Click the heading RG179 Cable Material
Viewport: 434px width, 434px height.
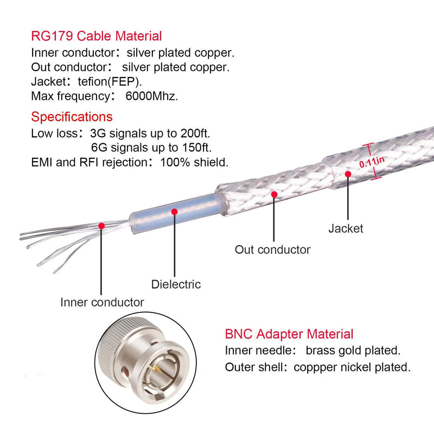pyautogui.click(x=97, y=36)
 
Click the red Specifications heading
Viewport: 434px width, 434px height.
pyautogui.click(x=72, y=117)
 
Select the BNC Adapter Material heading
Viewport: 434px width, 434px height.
pyautogui.click(x=289, y=334)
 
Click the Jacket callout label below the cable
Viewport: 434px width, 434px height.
pyautogui.click(x=346, y=228)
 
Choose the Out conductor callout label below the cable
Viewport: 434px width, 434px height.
pyautogui.click(x=272, y=250)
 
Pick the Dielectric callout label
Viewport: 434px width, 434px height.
pyautogui.click(x=175, y=284)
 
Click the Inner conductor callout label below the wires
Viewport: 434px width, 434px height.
pyautogui.click(x=102, y=302)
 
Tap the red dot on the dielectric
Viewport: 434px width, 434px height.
pyautogui.click(x=174, y=211)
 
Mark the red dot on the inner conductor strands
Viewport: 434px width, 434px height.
pyautogui.click(x=101, y=225)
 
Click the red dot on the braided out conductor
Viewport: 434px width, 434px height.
pyautogui.click(x=275, y=194)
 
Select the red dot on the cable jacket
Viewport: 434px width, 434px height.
pyautogui.click(x=348, y=174)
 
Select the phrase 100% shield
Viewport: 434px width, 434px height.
pyautogui.click(x=194, y=162)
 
